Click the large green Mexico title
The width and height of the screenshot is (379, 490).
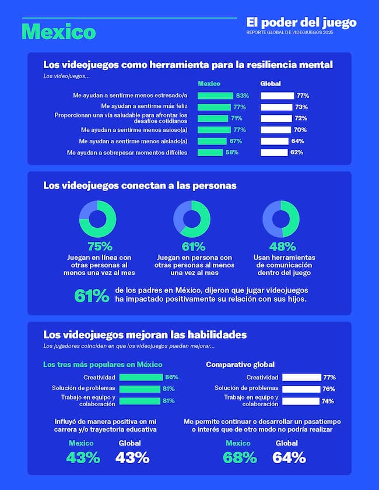point(58,31)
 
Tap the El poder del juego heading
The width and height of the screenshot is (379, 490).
point(301,22)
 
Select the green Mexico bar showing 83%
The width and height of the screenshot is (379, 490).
point(215,96)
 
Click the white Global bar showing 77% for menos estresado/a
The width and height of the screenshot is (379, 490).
point(277,96)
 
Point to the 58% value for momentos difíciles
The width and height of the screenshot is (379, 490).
point(231,153)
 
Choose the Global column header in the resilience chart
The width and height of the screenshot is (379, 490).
point(270,83)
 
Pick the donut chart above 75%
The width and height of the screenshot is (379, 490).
point(97,218)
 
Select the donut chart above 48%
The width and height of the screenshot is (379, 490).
point(281,218)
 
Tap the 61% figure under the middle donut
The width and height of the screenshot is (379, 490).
point(194,246)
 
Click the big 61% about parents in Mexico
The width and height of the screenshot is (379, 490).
point(92,295)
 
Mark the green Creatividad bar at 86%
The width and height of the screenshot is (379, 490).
point(141,377)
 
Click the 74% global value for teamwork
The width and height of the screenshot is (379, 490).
point(328,401)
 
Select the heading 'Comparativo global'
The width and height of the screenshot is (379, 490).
point(240,365)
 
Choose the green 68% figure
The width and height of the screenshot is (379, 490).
point(240,457)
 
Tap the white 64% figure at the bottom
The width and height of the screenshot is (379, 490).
point(289,457)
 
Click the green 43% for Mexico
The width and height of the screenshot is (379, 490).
point(83,457)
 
